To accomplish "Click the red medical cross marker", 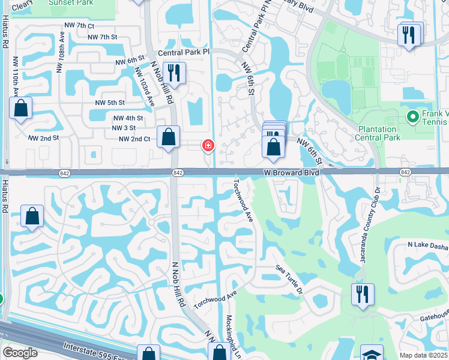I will (208, 145).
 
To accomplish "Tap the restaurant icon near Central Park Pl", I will (174, 73).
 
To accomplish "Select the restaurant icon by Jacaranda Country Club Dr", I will (363, 294).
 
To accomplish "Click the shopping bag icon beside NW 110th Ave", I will (21, 108).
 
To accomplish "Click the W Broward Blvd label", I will (292, 172).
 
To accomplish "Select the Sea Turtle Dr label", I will (291, 280).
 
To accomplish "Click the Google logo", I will (20, 353).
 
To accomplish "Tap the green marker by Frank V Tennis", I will (412, 116).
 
